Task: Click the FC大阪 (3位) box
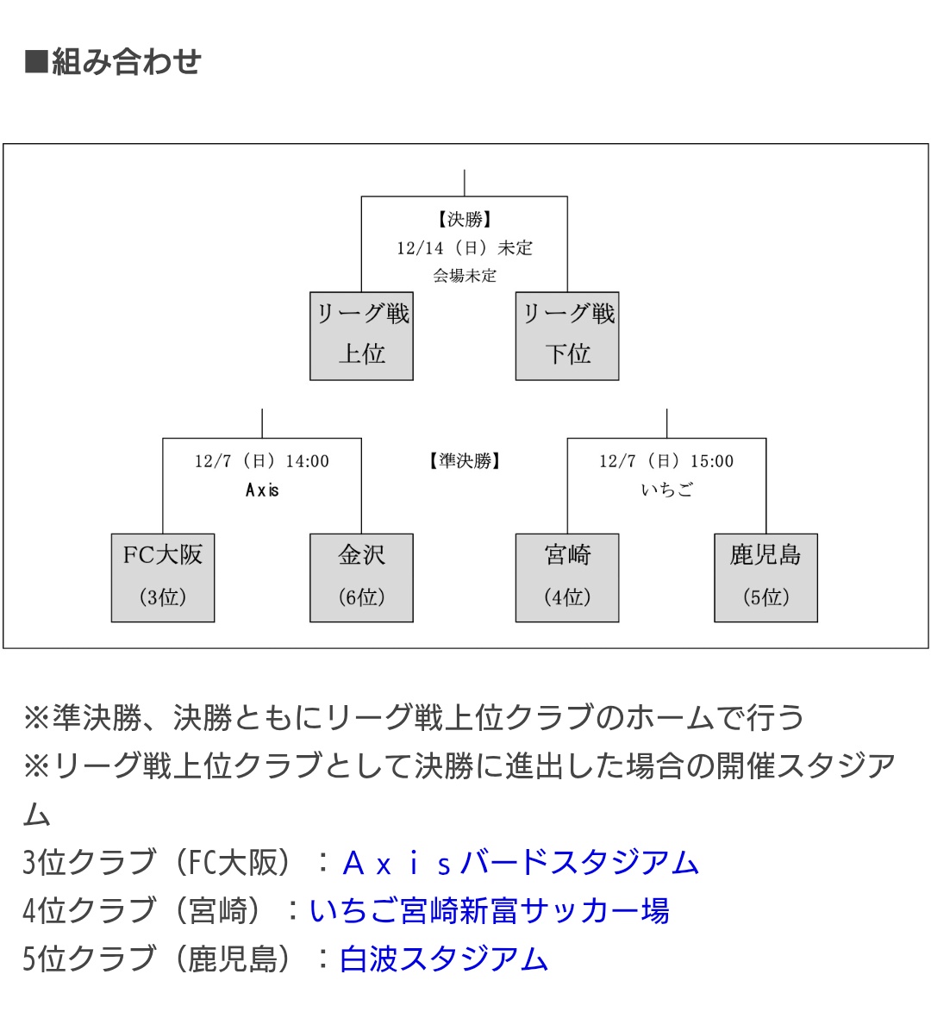pos(163,577)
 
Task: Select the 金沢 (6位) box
pos(361,577)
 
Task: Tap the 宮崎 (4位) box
pos(567,577)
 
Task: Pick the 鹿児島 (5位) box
pos(765,577)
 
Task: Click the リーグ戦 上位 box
pos(361,335)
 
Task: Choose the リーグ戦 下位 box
pos(567,335)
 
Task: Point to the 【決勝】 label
pos(465,220)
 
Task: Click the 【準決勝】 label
pos(465,461)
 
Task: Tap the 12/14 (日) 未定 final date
pos(465,248)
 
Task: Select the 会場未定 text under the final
pos(465,276)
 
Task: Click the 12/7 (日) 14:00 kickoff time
pos(262,461)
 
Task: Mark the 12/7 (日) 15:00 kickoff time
pos(666,461)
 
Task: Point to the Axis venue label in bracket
pos(262,490)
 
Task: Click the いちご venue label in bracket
pos(666,490)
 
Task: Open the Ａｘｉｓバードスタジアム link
pos(520,862)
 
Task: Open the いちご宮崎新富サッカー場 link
pos(489,910)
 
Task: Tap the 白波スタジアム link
pos(444,959)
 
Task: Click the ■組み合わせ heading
pos(113,62)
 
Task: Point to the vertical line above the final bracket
pos(465,183)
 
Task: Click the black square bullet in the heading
pos(36,62)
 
